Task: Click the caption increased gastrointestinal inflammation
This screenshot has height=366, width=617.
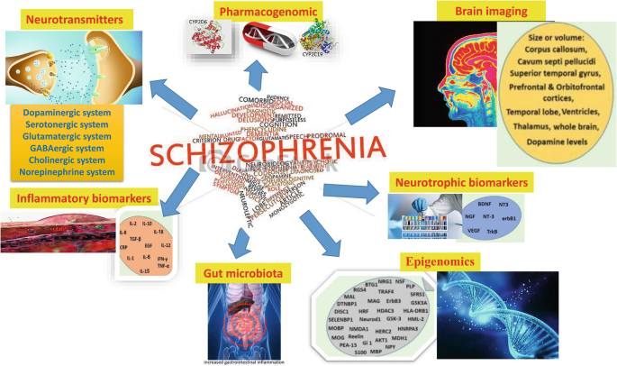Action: coord(240,359)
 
